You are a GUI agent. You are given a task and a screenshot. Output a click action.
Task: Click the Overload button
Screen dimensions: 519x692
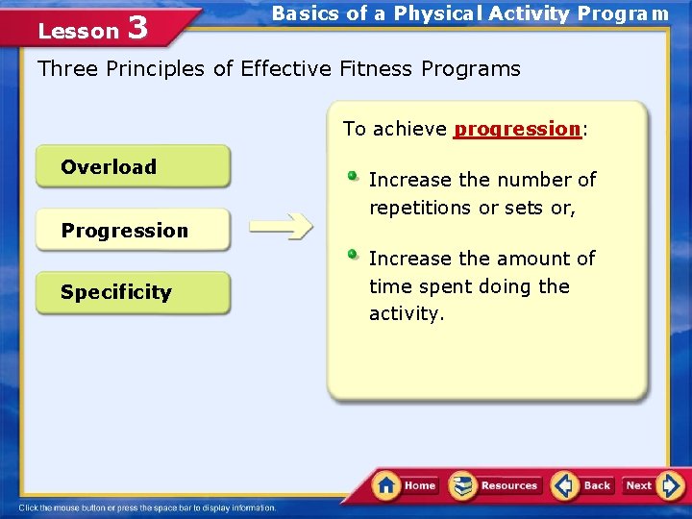click(133, 167)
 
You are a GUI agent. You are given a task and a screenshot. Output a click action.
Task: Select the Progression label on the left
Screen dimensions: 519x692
click(124, 231)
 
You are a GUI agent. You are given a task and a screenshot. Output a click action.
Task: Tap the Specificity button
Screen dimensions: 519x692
click(133, 293)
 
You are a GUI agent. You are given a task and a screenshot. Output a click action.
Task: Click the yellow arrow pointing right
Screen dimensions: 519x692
click(281, 227)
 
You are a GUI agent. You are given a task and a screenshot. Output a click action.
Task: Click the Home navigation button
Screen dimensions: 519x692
click(406, 485)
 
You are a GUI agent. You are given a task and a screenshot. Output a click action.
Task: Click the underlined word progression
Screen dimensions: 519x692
click(517, 129)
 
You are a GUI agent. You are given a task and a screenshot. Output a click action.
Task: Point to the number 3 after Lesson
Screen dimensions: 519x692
click(137, 29)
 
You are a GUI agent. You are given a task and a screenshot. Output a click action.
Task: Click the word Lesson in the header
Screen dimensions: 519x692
click(78, 32)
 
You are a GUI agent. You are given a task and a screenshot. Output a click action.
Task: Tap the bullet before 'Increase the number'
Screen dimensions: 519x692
click(354, 176)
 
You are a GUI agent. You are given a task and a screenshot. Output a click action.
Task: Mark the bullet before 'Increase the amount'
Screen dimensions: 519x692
click(354, 255)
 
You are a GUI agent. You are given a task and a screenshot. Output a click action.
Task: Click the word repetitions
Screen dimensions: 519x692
click(421, 208)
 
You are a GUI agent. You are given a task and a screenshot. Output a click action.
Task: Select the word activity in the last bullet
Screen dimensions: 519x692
click(405, 314)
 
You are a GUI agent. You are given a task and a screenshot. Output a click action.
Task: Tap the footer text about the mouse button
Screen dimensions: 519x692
click(148, 507)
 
